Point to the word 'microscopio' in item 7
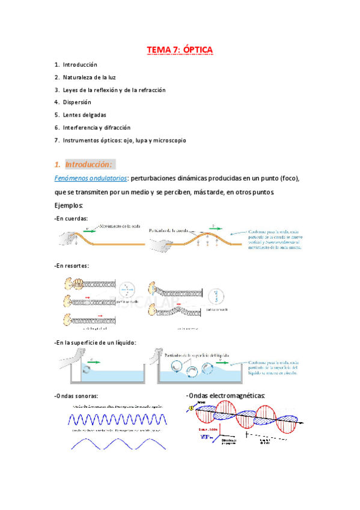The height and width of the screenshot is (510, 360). click(x=169, y=140)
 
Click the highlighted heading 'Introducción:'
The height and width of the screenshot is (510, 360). click(x=88, y=164)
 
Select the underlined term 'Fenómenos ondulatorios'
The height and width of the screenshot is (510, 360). click(x=90, y=179)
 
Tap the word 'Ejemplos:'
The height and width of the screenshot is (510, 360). click(x=69, y=206)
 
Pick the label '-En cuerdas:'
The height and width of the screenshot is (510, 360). click(x=70, y=218)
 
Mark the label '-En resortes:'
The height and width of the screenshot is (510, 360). click(x=72, y=265)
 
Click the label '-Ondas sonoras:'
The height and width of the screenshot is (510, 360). click(x=76, y=396)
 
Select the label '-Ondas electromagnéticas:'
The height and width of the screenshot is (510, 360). click(x=226, y=396)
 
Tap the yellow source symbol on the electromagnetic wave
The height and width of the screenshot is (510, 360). click(x=191, y=409)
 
